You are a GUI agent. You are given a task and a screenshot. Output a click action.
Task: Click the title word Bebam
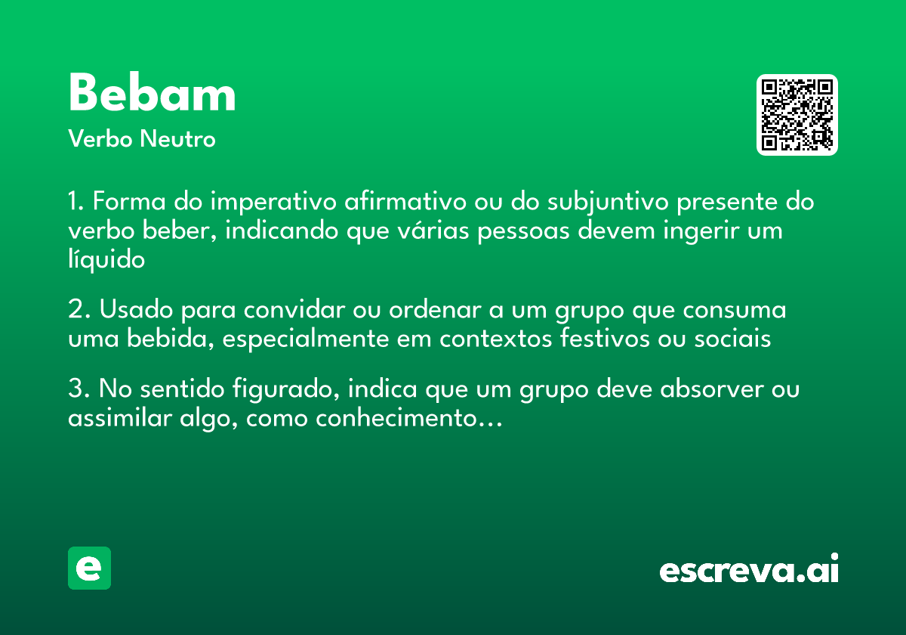(152, 94)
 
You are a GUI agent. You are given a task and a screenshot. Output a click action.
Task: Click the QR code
(797, 115)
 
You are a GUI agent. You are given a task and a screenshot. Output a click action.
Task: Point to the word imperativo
(273, 203)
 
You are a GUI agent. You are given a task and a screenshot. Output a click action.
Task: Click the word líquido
(106, 259)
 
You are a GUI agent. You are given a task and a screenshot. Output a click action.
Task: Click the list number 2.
(79, 311)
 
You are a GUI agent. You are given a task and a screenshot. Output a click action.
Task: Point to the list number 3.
(79, 390)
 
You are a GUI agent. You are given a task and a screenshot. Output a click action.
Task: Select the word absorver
(709, 390)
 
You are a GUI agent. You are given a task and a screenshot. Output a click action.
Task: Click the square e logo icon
(89, 568)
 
